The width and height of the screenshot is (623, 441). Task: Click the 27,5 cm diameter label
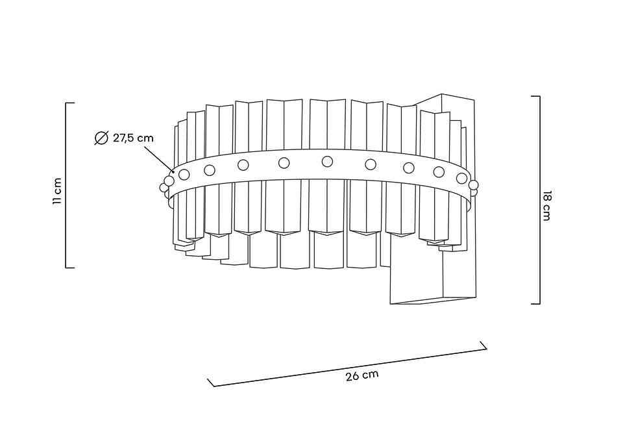[x=133, y=138]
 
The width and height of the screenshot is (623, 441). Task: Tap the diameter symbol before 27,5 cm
[x=101, y=138]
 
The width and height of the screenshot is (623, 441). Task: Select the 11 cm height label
[x=57, y=191]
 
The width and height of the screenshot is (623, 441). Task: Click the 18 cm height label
[x=546, y=206]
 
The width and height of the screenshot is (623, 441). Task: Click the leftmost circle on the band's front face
[x=184, y=174]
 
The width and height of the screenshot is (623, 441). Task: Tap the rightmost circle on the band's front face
[x=461, y=178]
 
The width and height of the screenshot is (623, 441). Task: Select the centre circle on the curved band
[x=327, y=161]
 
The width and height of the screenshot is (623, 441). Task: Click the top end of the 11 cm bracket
[x=66, y=103]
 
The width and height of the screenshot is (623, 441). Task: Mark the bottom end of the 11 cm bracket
[x=66, y=268]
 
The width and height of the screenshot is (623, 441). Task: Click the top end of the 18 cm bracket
[x=539, y=96]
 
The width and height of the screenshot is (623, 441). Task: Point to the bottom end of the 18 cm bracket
[x=539, y=304]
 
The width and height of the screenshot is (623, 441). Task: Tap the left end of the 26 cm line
[x=214, y=386]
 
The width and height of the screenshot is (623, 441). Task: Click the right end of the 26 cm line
[x=487, y=349]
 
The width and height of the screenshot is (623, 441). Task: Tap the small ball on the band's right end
[x=473, y=185]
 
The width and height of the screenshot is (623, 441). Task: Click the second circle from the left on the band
[x=210, y=170]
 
